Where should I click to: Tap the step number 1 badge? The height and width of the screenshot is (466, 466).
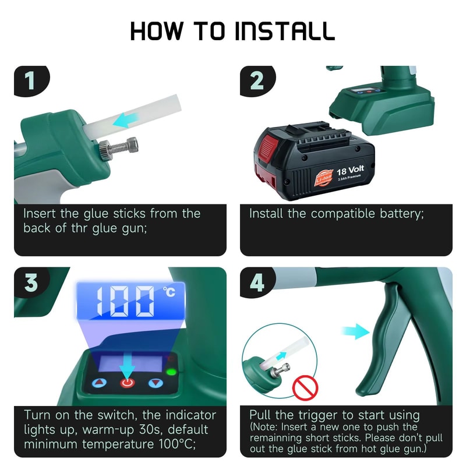(x=29, y=81)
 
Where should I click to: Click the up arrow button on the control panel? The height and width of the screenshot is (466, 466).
(x=98, y=383)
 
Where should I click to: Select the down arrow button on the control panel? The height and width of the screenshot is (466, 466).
(x=156, y=383)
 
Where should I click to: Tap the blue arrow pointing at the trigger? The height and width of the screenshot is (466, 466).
(x=356, y=332)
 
